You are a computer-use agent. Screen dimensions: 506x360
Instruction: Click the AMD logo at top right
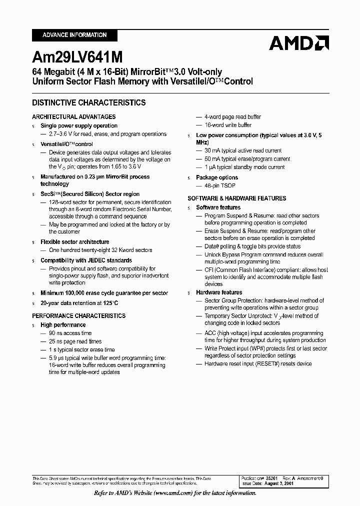pyautogui.click(x=298, y=43)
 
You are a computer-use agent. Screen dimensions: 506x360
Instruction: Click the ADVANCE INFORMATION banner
pyautogui.click(x=74, y=35)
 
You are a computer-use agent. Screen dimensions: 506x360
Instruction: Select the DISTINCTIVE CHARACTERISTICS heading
pyautogui.click(x=89, y=102)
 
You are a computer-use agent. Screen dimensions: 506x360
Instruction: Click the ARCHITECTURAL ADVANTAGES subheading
pyautogui.click(x=73, y=116)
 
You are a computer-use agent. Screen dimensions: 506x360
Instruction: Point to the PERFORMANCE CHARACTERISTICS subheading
pyautogui.click(x=78, y=316)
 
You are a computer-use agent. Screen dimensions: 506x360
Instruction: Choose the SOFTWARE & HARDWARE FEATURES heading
pyautogui.click(x=236, y=198)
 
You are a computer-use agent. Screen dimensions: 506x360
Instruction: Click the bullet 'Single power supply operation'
pyautogui.click(x=79, y=126)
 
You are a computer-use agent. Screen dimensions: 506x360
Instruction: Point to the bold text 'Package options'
pyautogui.click(x=217, y=177)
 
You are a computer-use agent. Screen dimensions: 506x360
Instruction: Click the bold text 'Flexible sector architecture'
pyautogui.click(x=74, y=242)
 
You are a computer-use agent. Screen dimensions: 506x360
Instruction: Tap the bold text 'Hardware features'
pyautogui.click(x=219, y=292)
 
